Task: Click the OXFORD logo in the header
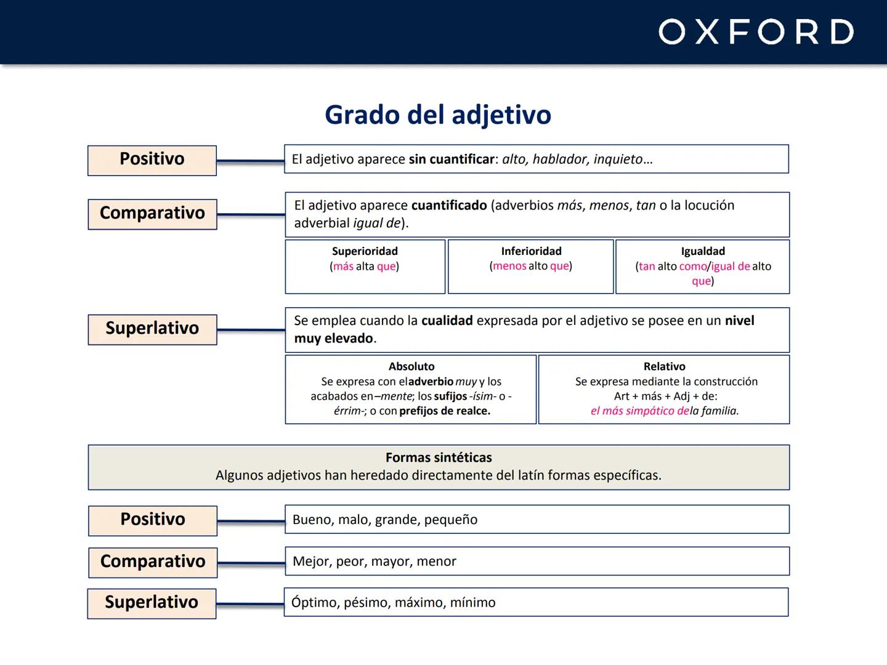(x=756, y=32)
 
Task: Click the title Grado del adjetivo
(x=438, y=115)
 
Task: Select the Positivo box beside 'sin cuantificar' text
(x=152, y=159)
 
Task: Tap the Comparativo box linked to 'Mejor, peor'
(x=153, y=562)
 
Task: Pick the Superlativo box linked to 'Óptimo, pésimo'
(x=152, y=602)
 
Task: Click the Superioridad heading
(x=365, y=251)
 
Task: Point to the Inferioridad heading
(x=531, y=251)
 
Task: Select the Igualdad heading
(x=703, y=251)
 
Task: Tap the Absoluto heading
(x=411, y=366)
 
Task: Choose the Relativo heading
(x=664, y=366)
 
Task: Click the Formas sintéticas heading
(x=439, y=457)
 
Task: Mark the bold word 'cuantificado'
(x=449, y=206)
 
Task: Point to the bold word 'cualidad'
(x=447, y=321)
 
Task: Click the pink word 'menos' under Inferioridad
(x=509, y=266)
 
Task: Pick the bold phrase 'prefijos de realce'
(x=444, y=411)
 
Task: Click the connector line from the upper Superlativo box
(x=251, y=330)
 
